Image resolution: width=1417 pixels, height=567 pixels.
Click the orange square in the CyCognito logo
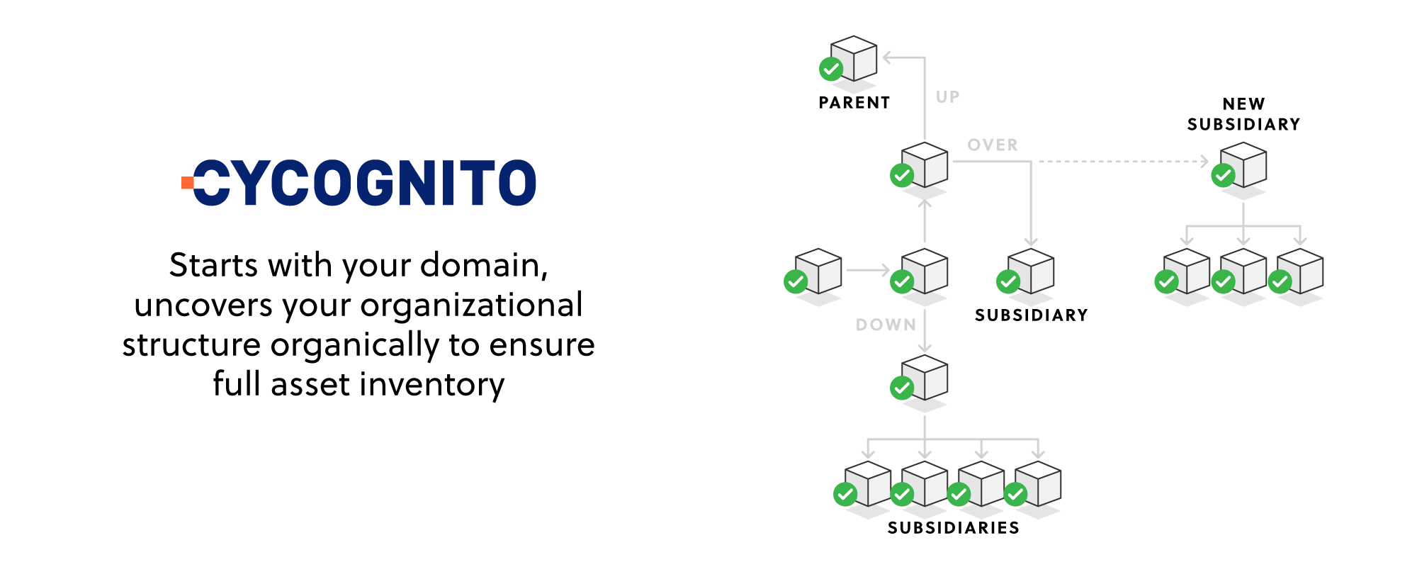[187, 183]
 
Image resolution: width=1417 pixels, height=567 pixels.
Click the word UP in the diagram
[947, 97]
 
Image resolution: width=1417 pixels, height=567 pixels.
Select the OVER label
[993, 145]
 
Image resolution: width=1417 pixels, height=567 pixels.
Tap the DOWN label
[886, 325]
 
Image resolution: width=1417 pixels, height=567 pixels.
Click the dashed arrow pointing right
[1123, 162]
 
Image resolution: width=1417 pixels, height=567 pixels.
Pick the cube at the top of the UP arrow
[854, 58]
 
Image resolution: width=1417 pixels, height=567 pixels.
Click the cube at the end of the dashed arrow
[1243, 164]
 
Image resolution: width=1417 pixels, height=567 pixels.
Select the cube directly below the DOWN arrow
[925, 377]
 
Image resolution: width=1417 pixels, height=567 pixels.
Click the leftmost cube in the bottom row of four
[868, 483]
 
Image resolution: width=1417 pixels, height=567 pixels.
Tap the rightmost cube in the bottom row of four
[1038, 483]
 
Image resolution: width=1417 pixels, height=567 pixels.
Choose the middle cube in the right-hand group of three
[1243, 271]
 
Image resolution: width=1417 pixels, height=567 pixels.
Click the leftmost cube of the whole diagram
[818, 271]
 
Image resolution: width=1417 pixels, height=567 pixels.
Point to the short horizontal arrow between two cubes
[867, 270]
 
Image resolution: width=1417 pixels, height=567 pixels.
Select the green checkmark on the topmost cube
[831, 69]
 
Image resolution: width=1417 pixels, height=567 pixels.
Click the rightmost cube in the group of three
[1300, 271]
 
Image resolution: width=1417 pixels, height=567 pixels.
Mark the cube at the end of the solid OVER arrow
[1031, 271]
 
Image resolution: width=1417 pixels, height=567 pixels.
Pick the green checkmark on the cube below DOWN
[902, 388]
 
